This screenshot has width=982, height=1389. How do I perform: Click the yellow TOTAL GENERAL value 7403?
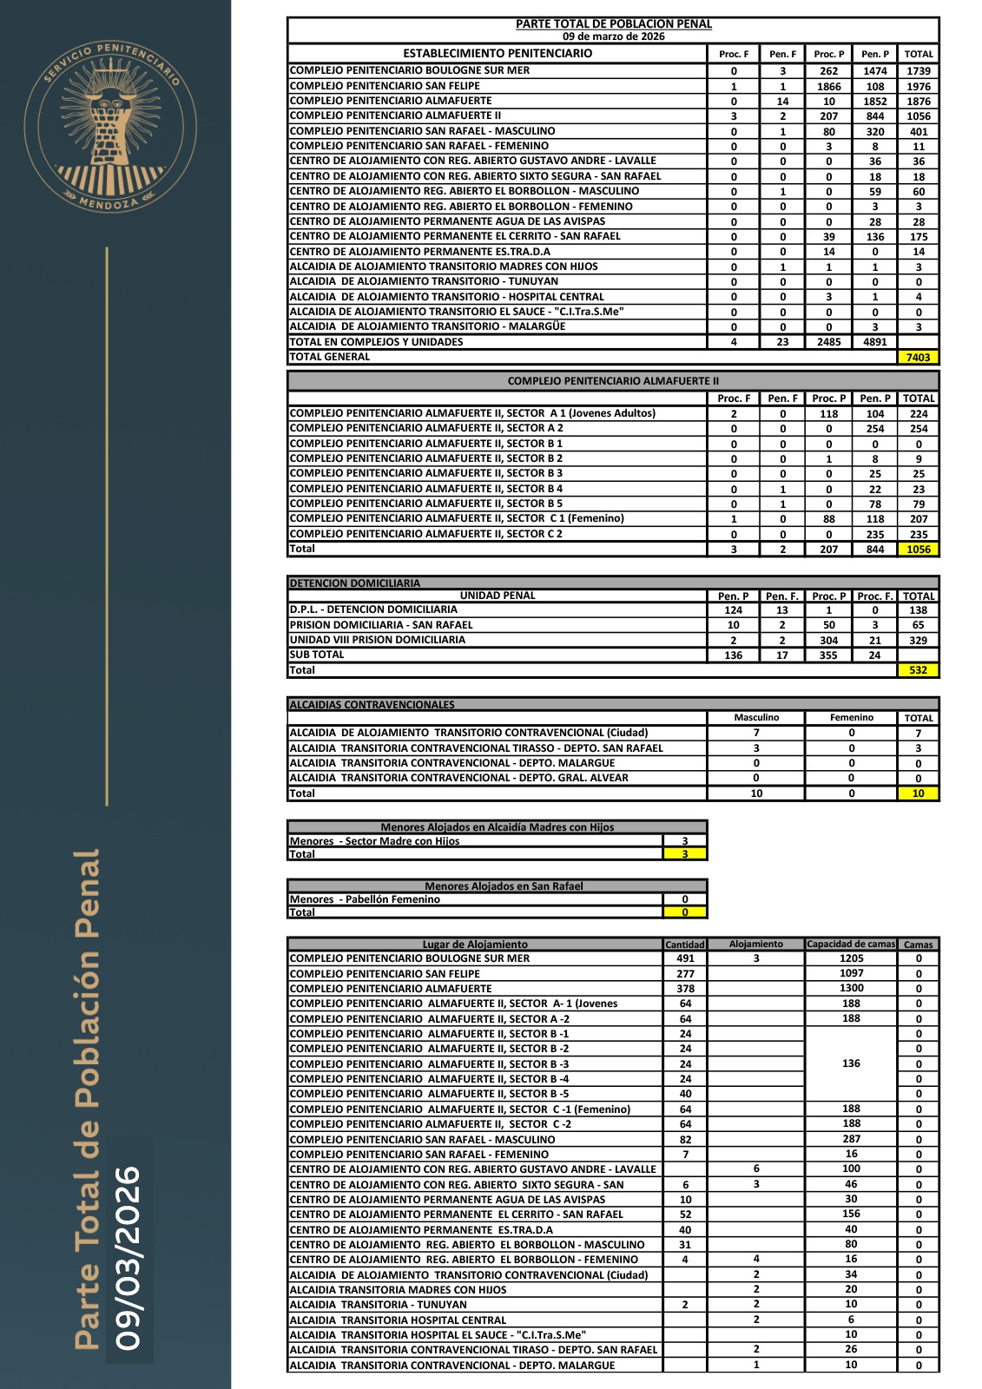(918, 357)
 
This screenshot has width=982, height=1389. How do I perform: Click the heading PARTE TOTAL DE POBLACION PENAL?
(613, 24)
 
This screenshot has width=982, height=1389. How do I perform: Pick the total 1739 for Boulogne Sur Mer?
(918, 71)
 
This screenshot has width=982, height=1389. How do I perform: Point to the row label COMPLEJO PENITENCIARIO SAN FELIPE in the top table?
(385, 86)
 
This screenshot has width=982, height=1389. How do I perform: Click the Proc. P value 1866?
(828, 87)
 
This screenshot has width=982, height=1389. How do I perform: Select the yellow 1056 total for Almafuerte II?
(918, 550)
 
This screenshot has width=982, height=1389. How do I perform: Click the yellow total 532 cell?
(918, 670)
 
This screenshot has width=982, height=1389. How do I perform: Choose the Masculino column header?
(756, 718)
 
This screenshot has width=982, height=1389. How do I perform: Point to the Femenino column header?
(851, 718)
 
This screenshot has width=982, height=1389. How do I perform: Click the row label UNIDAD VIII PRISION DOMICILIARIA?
(377, 640)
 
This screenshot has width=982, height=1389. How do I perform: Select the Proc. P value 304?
(828, 641)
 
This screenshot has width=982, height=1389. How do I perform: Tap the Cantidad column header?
(684, 945)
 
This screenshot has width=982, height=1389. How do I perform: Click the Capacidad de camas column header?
(850, 945)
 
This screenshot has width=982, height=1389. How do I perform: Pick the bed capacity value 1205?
(851, 958)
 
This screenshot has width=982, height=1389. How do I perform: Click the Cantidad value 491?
(685, 959)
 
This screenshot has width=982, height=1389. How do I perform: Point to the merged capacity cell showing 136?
(851, 1063)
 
